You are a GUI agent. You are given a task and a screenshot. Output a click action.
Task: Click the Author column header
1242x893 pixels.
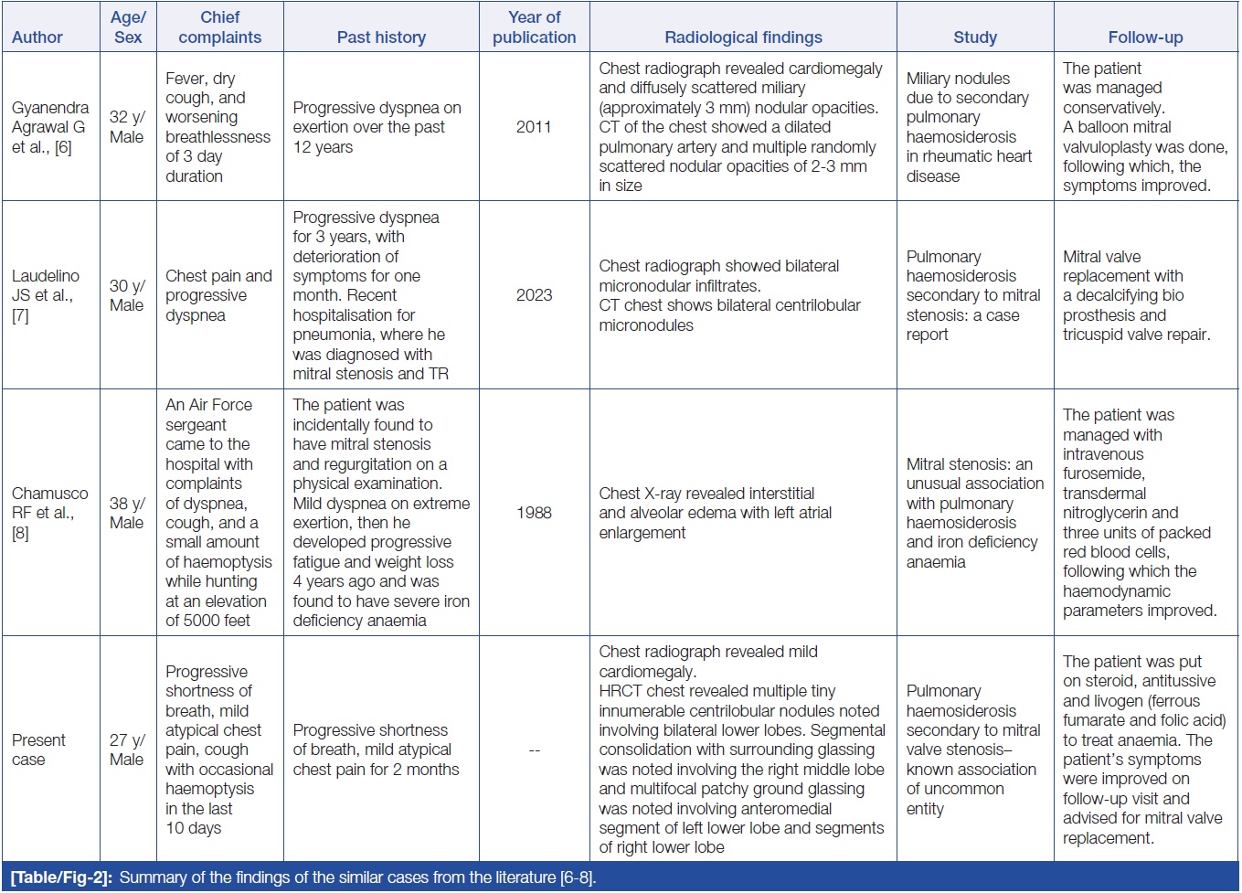(37, 37)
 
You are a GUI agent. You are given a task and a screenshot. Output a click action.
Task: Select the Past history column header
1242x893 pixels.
(381, 37)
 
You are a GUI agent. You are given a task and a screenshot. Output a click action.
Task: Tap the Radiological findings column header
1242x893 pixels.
(743, 37)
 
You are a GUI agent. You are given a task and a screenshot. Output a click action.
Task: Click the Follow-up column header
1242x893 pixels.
(1145, 37)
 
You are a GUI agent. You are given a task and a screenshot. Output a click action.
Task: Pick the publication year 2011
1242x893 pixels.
(534, 127)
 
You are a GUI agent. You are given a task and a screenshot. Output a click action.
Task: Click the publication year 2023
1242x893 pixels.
(534, 295)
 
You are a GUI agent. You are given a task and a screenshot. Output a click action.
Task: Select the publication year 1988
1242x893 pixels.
(534, 513)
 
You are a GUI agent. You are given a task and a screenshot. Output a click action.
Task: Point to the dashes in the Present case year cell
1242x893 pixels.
(534, 750)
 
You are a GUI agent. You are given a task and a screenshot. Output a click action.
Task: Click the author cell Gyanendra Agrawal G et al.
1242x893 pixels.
(50, 127)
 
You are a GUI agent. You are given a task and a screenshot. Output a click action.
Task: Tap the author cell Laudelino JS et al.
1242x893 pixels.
(46, 295)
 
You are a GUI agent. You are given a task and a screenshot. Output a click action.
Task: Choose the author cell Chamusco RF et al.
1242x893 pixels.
(49, 513)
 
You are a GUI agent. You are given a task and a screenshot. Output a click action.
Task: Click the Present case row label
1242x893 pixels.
(38, 749)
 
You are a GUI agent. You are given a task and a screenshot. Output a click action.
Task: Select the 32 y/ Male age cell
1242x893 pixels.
(127, 127)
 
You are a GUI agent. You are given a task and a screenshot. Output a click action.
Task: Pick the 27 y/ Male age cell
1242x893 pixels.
(127, 749)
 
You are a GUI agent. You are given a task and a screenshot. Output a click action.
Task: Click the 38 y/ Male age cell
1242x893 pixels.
(127, 513)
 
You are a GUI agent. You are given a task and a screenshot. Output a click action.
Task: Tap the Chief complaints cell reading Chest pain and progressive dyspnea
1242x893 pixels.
(218, 295)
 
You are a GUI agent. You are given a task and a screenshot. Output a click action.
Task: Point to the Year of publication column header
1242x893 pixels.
(534, 27)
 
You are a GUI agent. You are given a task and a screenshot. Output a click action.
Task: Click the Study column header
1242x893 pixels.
(974, 37)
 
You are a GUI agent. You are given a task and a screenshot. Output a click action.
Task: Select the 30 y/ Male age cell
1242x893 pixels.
(127, 295)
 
